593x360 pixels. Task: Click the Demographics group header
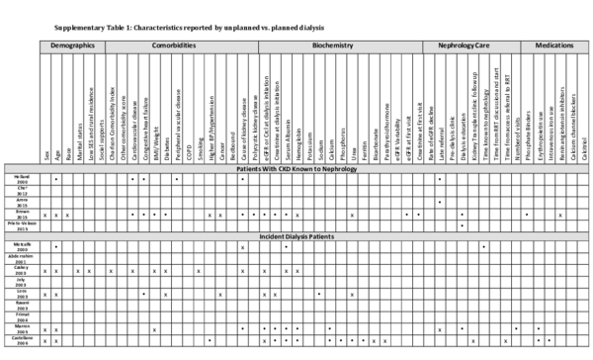[72, 45]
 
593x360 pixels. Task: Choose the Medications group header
[554, 45]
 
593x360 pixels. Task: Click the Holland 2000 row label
[20, 180]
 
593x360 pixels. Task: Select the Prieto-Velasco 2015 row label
[20, 225]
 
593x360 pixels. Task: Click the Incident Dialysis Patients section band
[296, 236]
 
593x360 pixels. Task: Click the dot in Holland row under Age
[56, 180]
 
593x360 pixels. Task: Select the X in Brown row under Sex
[45, 214]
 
